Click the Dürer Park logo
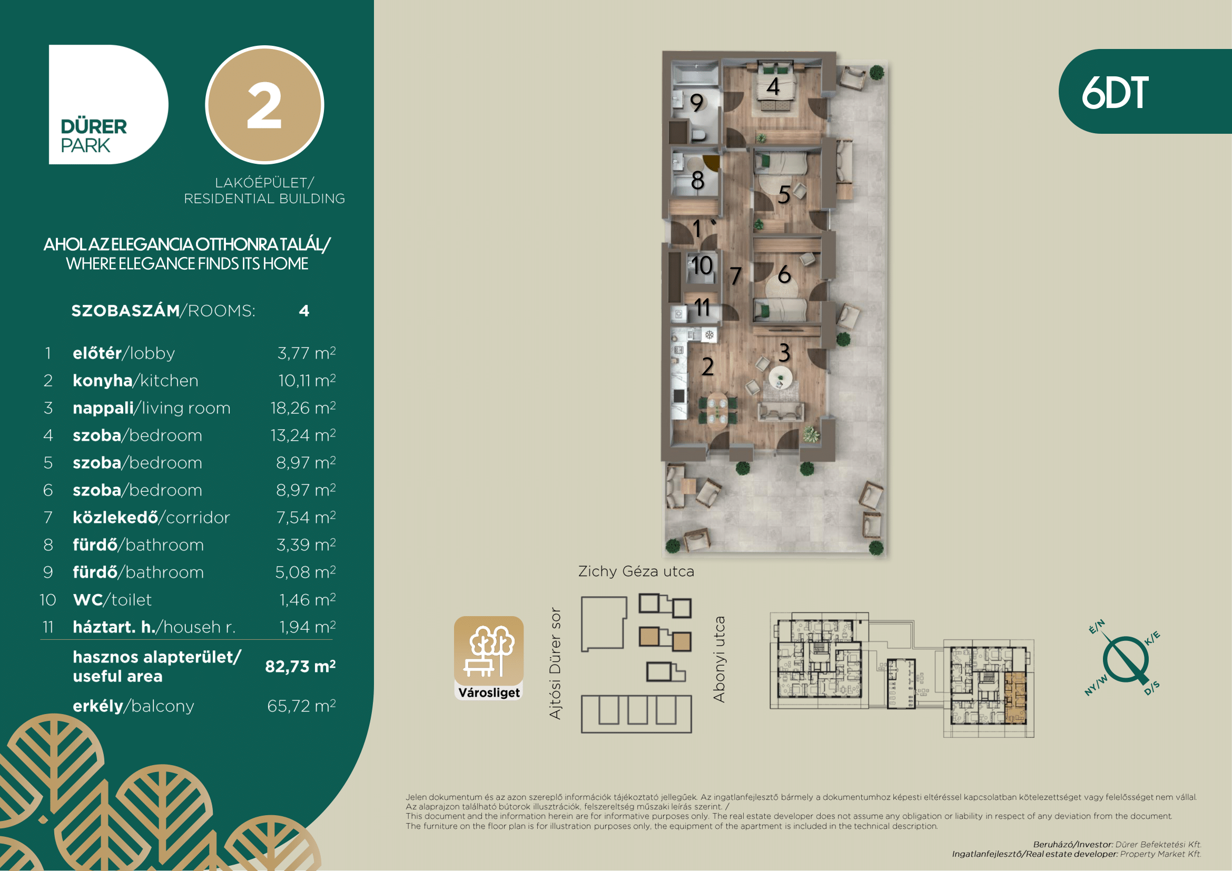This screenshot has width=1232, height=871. click(109, 105)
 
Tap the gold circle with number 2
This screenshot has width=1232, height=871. click(264, 105)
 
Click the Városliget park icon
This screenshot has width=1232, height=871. click(489, 658)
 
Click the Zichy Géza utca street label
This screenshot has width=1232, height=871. click(636, 572)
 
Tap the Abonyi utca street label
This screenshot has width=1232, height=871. click(719, 659)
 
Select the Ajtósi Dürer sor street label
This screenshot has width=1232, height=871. click(555, 664)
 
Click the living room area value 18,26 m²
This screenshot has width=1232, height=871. click(303, 408)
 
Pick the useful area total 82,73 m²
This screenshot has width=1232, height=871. click(300, 667)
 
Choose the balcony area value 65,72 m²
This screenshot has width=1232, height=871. click(302, 706)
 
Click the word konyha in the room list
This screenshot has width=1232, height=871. click(103, 380)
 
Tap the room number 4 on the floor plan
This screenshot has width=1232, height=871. click(773, 86)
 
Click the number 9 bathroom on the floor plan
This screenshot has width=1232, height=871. click(696, 103)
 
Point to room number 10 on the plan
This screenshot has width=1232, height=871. click(701, 265)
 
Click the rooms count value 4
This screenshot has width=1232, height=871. click(304, 311)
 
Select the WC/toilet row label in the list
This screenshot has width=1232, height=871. click(112, 600)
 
